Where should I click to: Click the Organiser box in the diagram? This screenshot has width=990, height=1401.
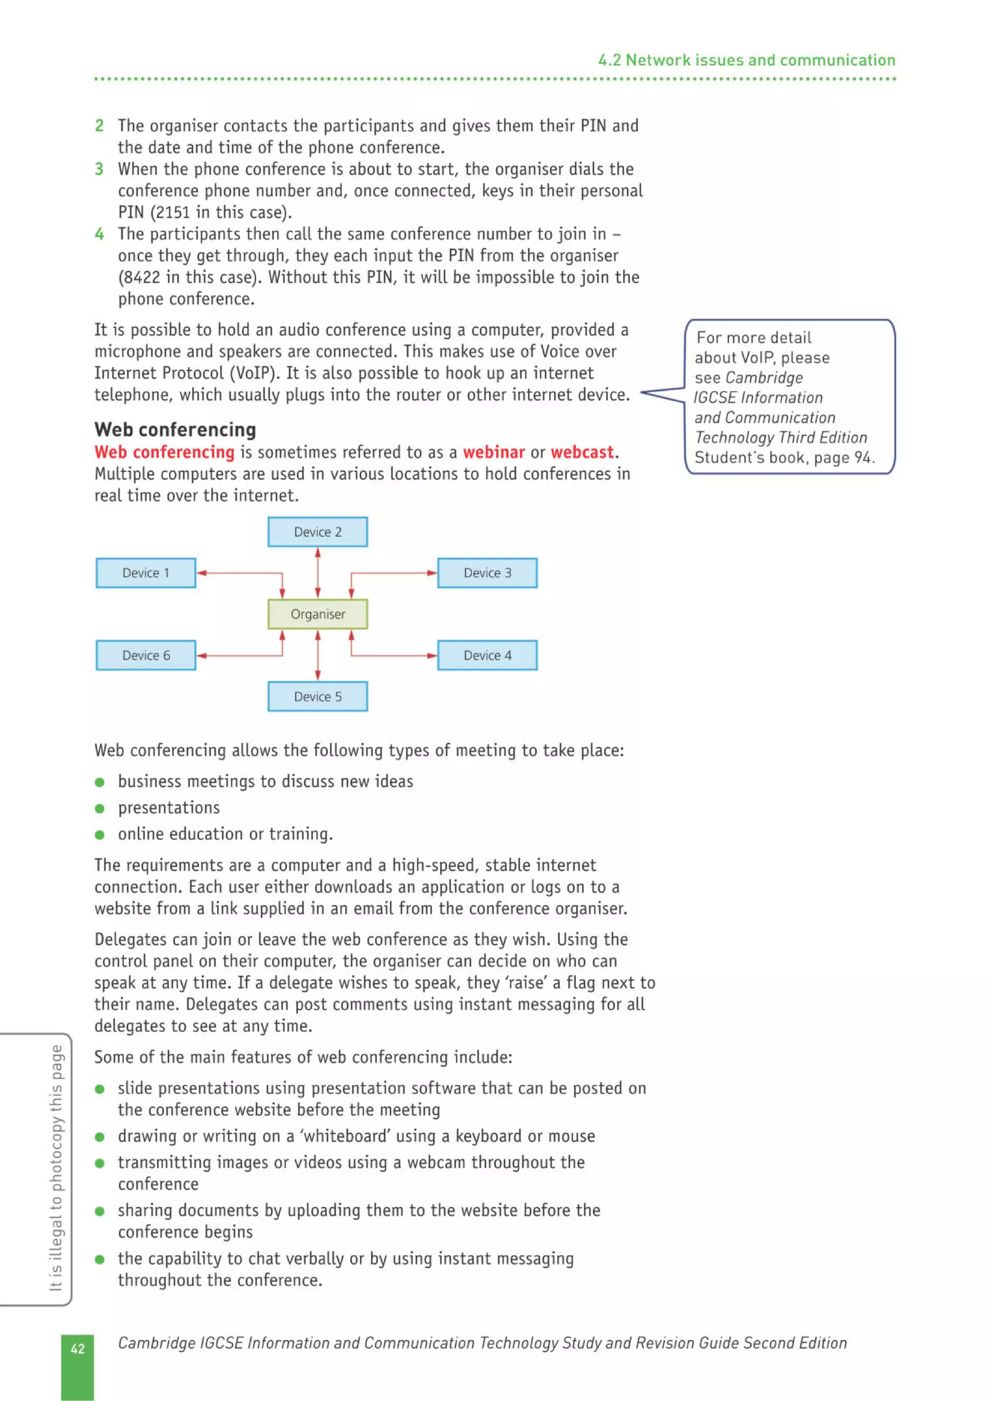[x=317, y=614]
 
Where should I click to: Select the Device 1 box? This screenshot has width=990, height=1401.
[x=146, y=573]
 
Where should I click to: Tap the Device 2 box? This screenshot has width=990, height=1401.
[x=317, y=531]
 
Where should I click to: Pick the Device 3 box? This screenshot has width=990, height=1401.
[x=487, y=573]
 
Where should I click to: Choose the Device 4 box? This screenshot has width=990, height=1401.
[x=487, y=656]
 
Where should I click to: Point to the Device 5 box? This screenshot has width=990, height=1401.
[x=317, y=696]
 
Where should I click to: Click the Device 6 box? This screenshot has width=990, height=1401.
[x=146, y=656]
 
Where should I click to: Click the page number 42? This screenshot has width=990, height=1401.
[x=77, y=1348]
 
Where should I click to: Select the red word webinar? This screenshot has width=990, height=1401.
[x=494, y=452]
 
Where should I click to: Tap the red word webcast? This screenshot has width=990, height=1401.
[x=582, y=452]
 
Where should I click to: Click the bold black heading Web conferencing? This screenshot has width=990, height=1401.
[x=175, y=430]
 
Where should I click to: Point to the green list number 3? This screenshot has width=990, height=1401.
[x=99, y=169]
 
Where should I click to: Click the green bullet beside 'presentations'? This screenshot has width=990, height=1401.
[x=100, y=808]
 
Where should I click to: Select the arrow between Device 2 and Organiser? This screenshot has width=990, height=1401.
[x=317, y=572]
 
